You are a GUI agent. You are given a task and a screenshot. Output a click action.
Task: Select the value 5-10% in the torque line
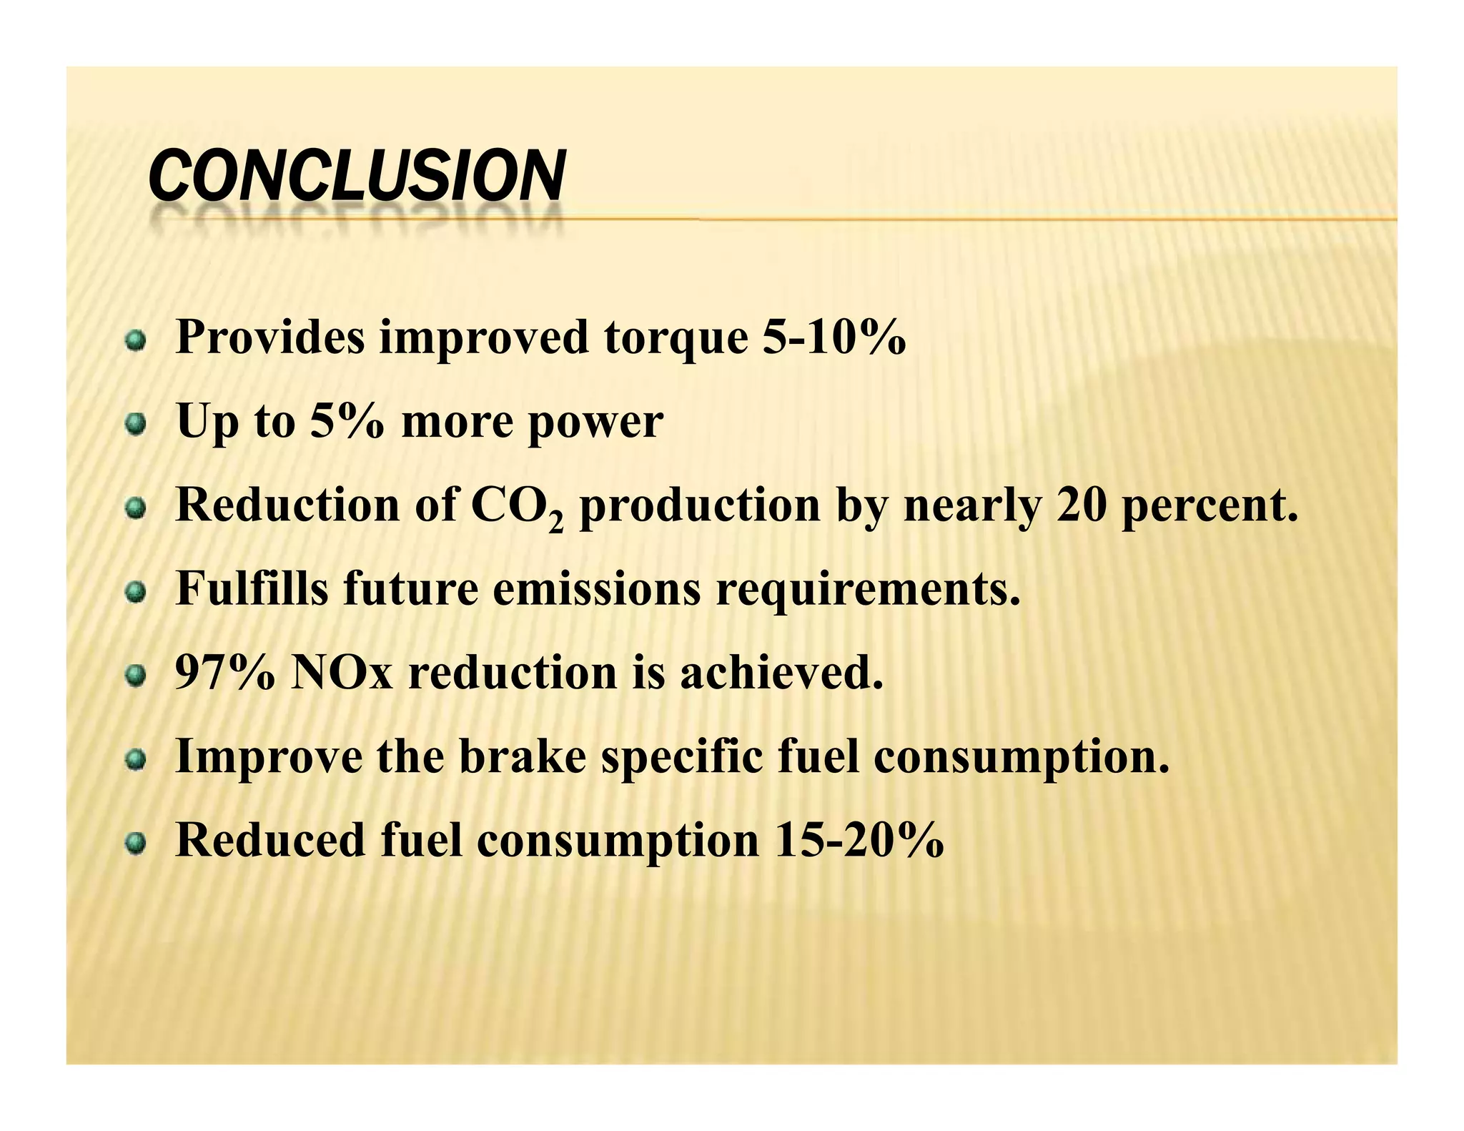click(834, 337)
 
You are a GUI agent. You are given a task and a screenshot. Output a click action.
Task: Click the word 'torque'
click(676, 339)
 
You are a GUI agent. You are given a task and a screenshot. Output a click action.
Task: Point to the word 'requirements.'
click(868, 591)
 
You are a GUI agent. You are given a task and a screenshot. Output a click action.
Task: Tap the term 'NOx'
click(342, 673)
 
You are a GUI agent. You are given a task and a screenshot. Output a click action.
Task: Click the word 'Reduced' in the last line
click(270, 840)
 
